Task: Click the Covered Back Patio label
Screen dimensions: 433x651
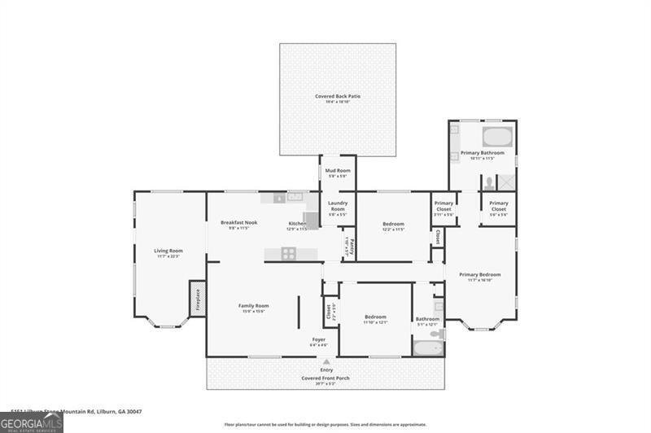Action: point(338,96)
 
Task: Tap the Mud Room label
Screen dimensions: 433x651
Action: point(338,170)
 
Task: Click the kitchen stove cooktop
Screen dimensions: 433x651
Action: point(289,253)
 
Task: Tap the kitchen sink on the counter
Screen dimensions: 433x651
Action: point(294,197)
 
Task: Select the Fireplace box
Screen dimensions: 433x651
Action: point(197,299)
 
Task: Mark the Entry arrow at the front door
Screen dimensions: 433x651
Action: point(326,361)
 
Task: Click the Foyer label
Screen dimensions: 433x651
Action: point(319,339)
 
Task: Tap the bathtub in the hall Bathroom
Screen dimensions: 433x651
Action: point(427,348)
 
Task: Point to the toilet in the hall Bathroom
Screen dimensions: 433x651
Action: point(437,334)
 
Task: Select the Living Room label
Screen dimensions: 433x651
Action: point(169,251)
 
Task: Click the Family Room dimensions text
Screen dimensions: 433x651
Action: point(253,311)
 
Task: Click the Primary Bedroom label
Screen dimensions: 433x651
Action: point(479,274)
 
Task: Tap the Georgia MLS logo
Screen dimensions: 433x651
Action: point(31,423)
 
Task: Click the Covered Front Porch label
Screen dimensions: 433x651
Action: point(326,378)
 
